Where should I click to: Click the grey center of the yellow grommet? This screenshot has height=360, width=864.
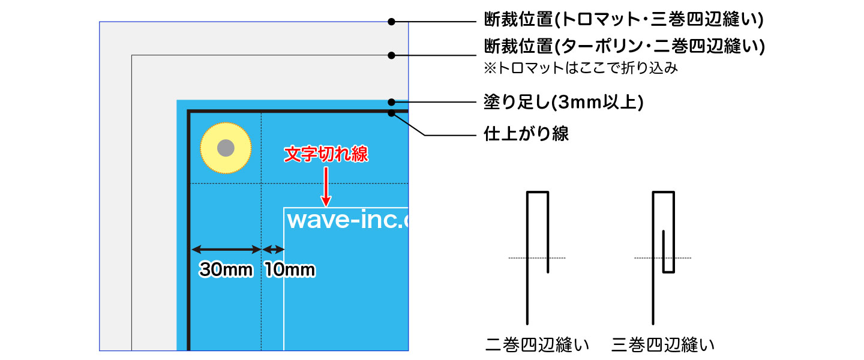[226, 148]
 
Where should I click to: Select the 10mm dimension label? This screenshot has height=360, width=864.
[289, 271]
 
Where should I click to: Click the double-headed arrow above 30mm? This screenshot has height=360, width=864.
[226, 249]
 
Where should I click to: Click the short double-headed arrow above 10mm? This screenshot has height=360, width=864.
[273, 249]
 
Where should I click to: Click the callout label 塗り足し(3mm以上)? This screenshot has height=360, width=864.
[563, 103]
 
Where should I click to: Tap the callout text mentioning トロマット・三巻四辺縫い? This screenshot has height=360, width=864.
[623, 20]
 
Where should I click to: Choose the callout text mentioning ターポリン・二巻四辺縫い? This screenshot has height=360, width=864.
[624, 47]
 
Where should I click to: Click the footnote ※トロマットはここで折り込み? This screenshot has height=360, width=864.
[581, 68]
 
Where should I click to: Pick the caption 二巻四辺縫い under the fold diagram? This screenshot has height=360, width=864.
[537, 346]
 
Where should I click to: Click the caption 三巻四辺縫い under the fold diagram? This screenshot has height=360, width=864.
[663, 346]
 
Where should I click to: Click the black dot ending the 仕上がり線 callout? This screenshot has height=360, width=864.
[391, 112]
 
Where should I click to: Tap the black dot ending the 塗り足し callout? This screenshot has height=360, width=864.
[391, 101]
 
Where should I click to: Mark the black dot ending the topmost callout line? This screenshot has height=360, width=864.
[391, 22]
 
